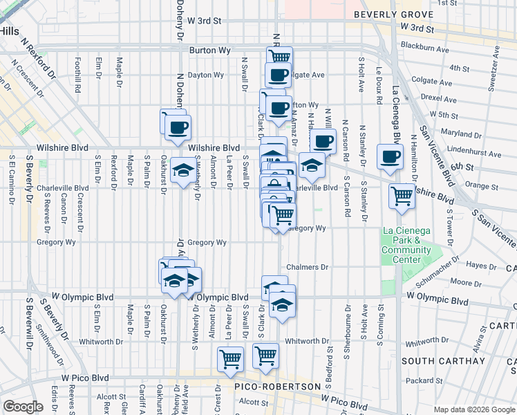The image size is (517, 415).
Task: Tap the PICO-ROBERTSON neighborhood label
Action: pos(279,386)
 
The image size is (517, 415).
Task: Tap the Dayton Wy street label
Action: pos(207,75)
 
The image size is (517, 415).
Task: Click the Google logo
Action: pos(23,406)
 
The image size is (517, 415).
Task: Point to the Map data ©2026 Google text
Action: pos(473,409)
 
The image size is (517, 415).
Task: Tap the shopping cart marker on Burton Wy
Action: pos(279,57)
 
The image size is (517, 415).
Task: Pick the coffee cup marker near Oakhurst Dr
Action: pos(177,127)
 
